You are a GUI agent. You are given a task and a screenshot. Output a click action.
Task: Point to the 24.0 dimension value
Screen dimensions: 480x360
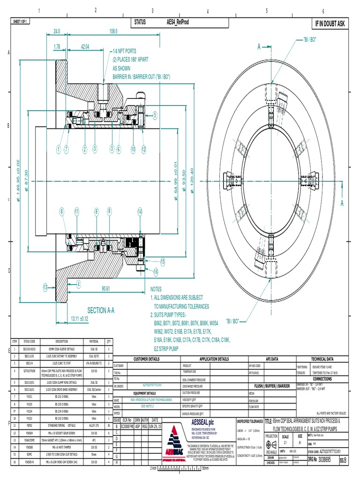coord(57,31)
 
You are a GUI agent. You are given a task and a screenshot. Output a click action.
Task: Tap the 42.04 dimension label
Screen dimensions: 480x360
coord(85,46)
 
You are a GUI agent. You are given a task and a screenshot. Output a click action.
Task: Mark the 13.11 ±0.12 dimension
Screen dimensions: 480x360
coord(79,319)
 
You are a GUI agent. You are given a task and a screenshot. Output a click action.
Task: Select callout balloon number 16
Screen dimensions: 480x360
coord(155,271)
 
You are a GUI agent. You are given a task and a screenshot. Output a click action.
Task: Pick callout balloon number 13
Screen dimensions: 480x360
coord(45,287)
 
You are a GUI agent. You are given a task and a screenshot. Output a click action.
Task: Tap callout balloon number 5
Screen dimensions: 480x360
coord(154,114)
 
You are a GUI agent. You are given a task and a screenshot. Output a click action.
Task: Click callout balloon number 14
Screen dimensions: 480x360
coord(140,211)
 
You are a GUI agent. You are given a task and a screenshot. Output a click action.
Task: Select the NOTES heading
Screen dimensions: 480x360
coord(158,290)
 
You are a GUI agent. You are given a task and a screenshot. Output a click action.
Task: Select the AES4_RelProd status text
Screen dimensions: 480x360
coord(178,22)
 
